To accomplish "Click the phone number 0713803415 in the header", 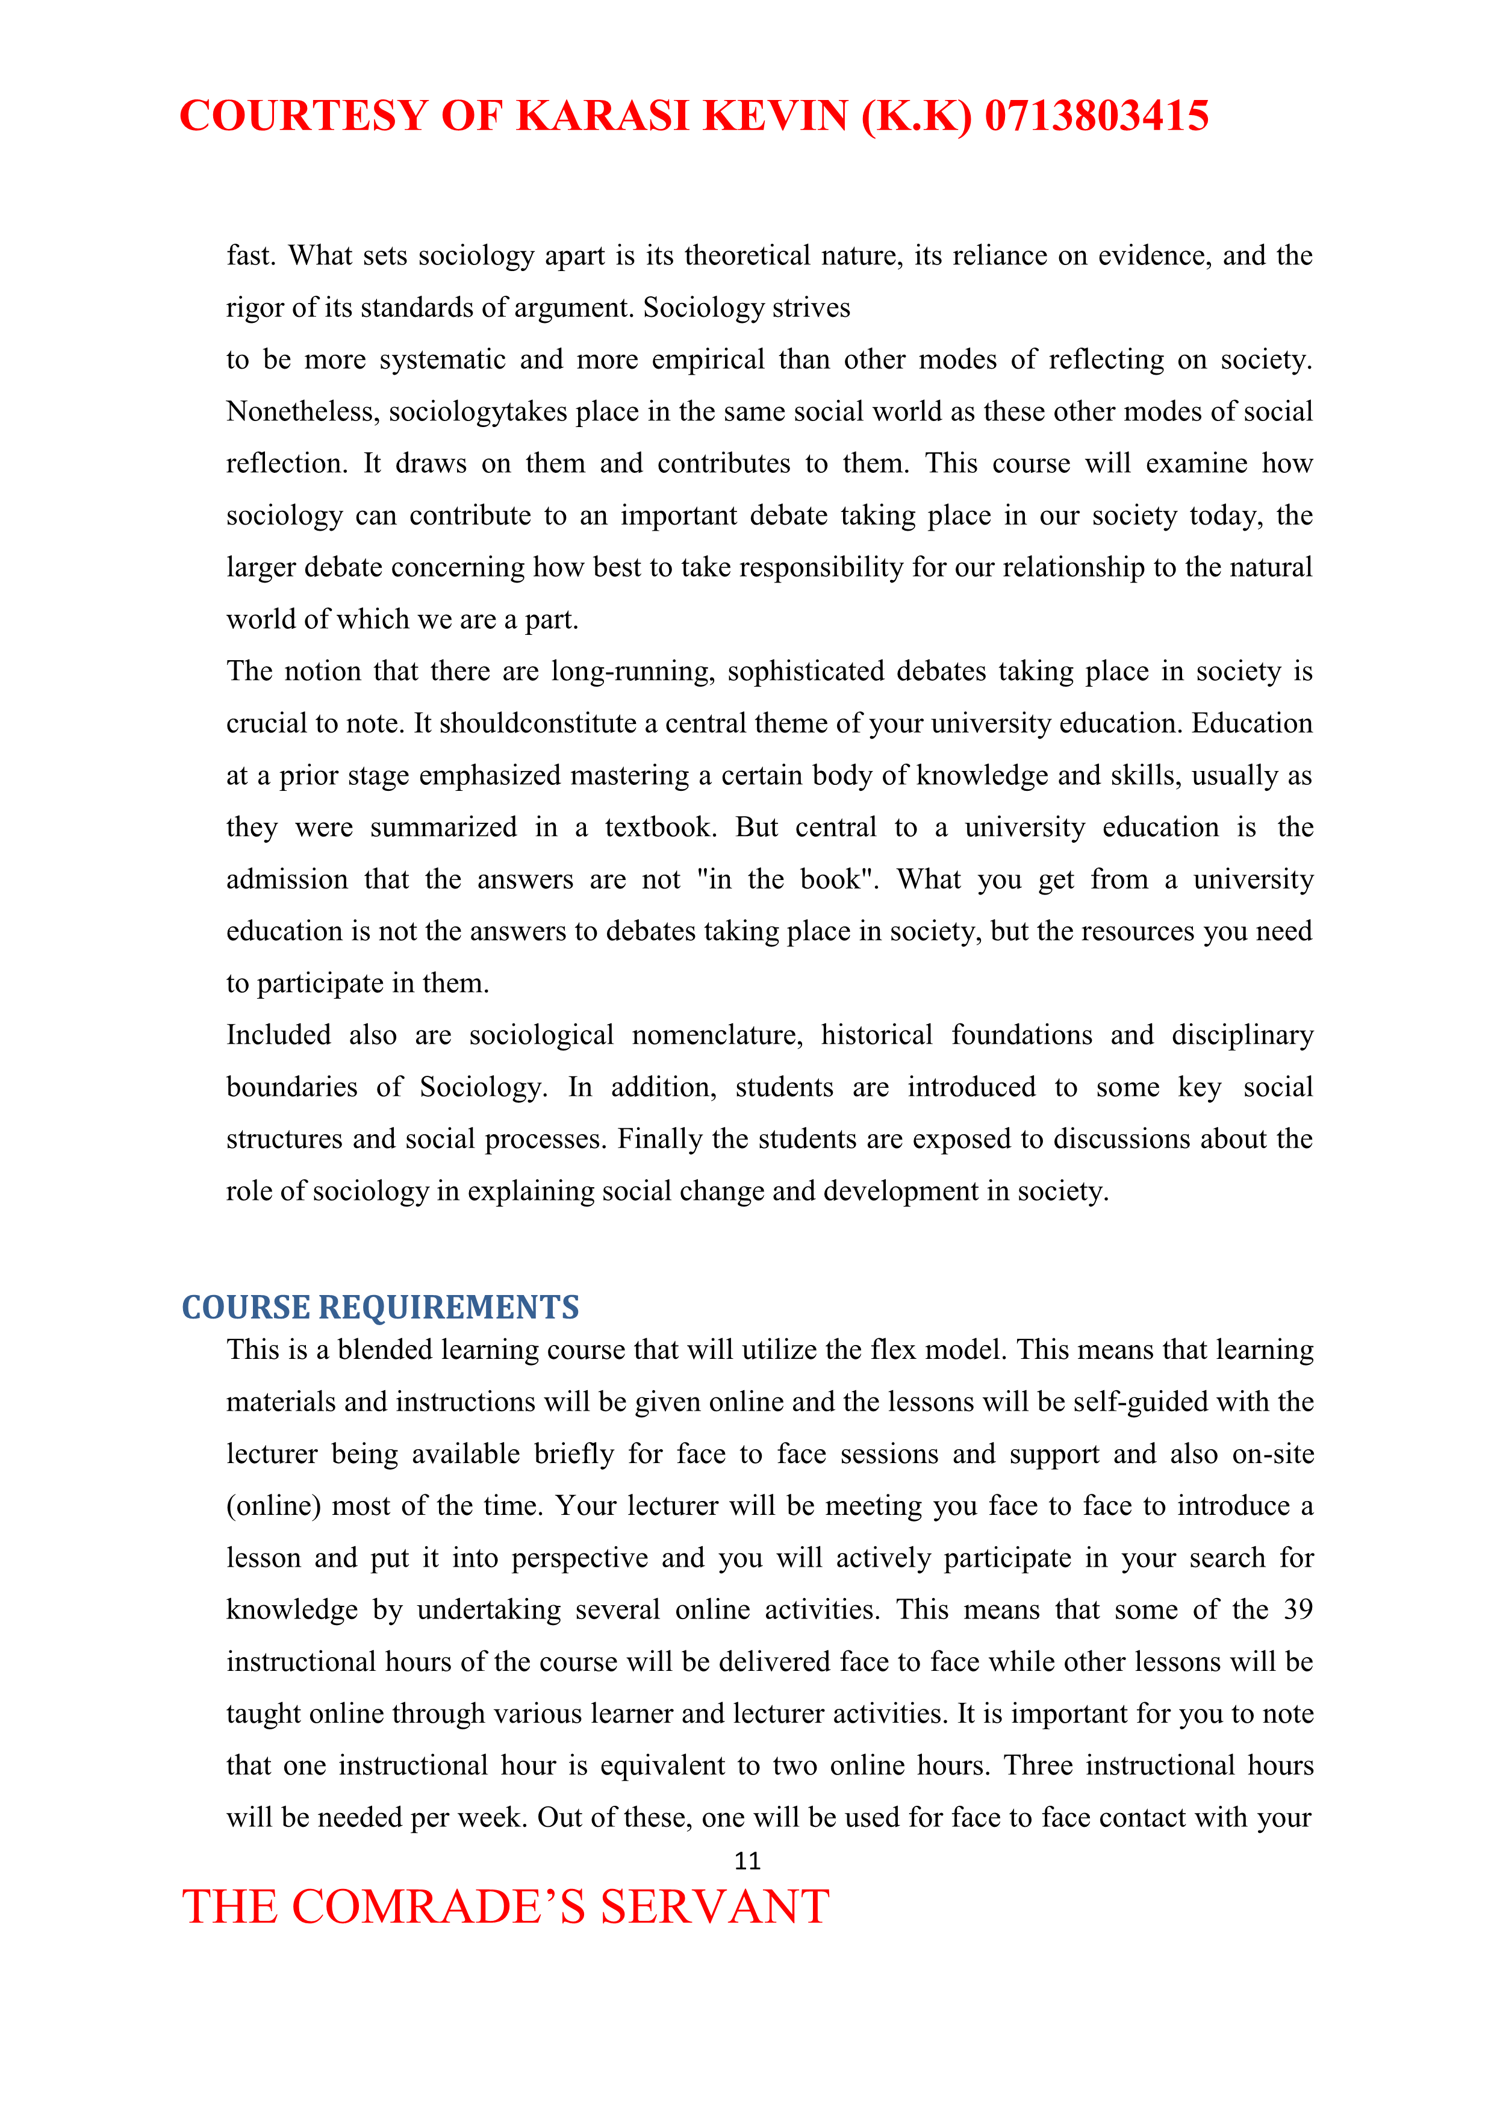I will [x=1096, y=116].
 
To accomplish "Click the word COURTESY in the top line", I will [x=303, y=116].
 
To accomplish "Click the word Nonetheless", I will [x=303, y=411].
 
